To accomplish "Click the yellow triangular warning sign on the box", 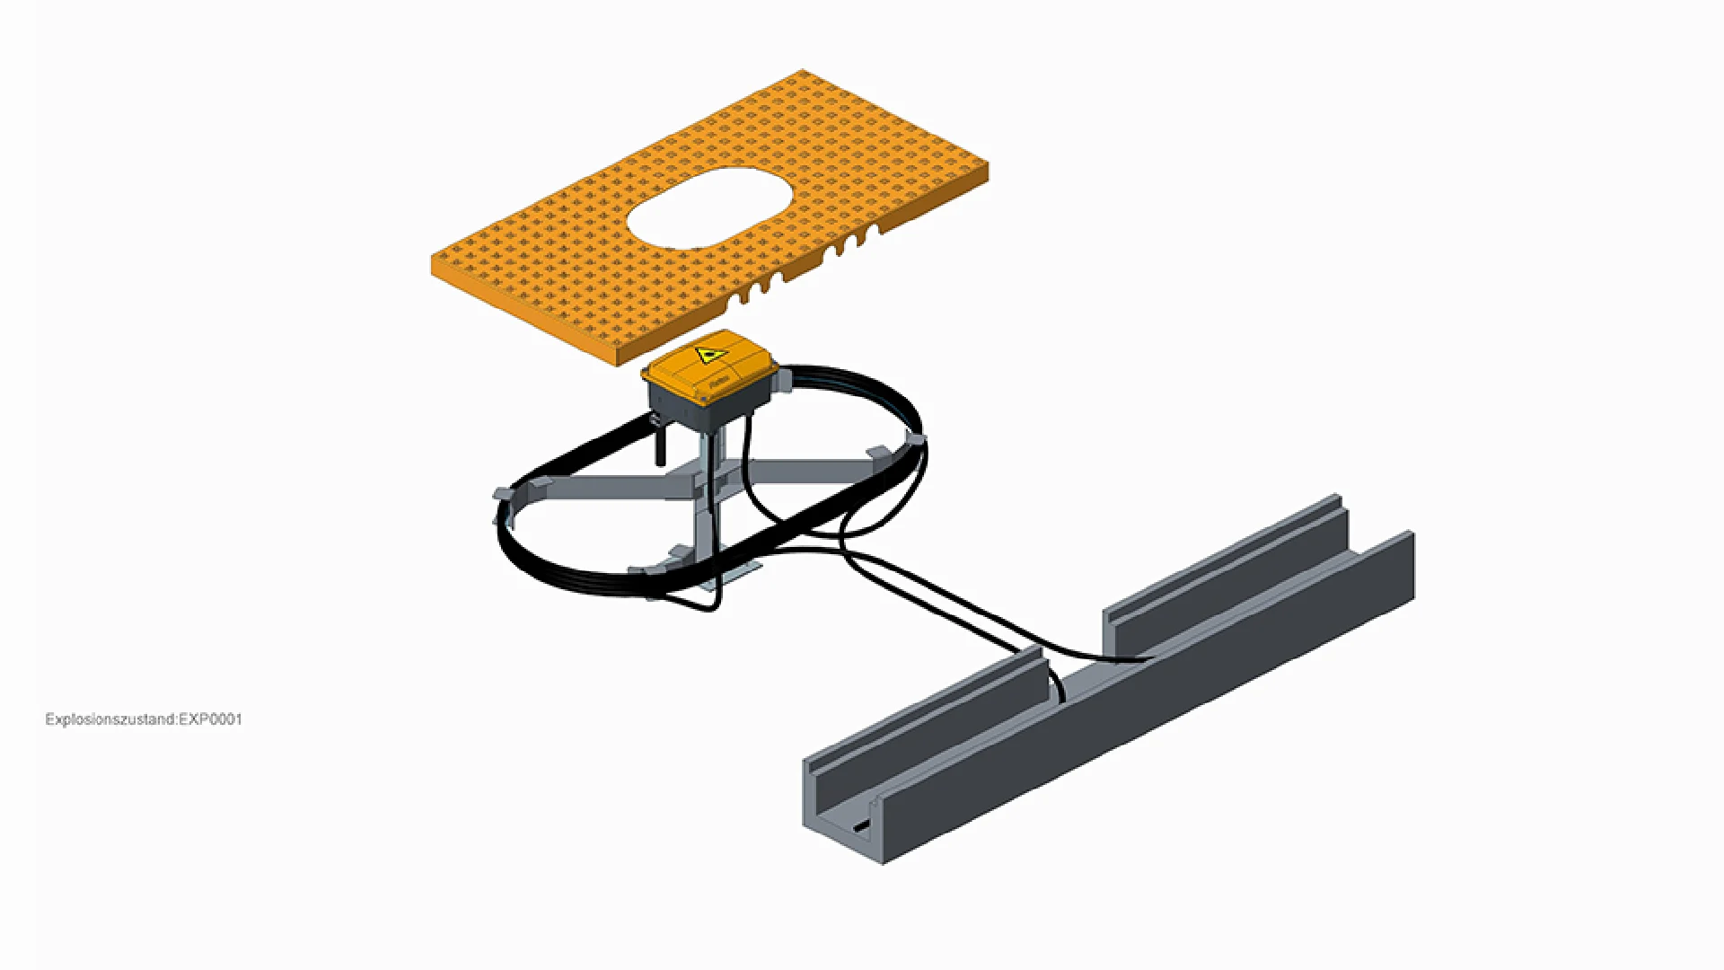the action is pyautogui.click(x=709, y=355).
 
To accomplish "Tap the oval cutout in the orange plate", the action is pyautogui.click(x=709, y=207).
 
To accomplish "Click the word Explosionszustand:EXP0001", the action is pyautogui.click(x=144, y=719).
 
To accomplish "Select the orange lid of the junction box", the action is pyautogui.click(x=709, y=366).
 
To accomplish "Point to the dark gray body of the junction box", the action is pyautogui.click(x=709, y=409).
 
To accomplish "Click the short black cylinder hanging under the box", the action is pyautogui.click(x=661, y=445).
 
